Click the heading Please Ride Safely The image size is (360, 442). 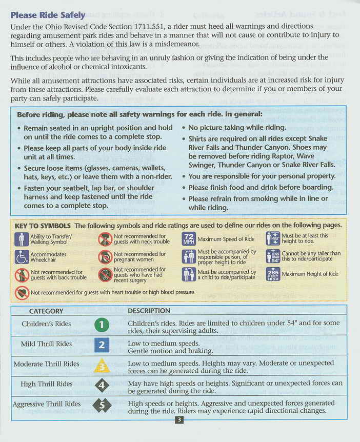(48, 15)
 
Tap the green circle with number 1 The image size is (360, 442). (102, 325)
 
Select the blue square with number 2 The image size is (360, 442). (102, 345)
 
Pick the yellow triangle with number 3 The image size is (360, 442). (102, 365)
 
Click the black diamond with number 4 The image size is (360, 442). (102, 385)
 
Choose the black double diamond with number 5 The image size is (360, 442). (102, 405)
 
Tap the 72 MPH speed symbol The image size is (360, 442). (188, 239)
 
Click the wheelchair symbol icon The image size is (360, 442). (22, 257)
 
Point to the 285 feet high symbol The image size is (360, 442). (272, 274)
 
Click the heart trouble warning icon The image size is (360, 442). (22, 293)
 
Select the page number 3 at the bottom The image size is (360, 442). (179, 420)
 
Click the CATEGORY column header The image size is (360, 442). (46, 311)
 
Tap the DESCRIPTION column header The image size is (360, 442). (149, 311)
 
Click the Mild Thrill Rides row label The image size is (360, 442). (47, 344)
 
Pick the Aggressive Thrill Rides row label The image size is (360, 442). (47, 404)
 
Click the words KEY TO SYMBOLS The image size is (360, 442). (43, 226)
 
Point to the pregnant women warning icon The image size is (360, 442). (105, 257)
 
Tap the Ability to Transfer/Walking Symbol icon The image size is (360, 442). (22, 239)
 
